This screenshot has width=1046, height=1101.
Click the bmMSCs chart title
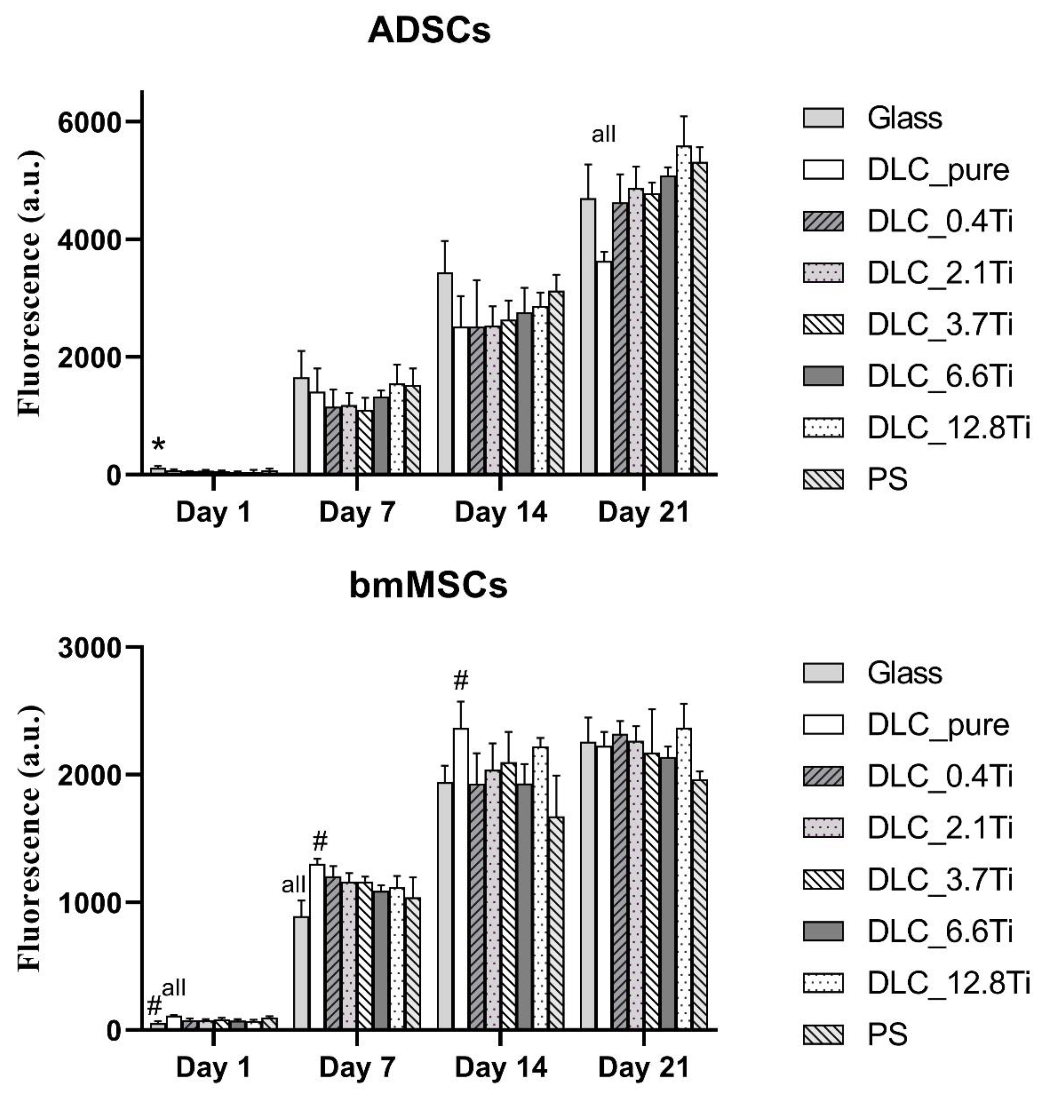click(x=428, y=586)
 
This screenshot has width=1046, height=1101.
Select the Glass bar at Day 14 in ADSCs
click(x=445, y=373)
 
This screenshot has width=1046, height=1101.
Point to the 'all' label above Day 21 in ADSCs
click(x=603, y=134)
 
